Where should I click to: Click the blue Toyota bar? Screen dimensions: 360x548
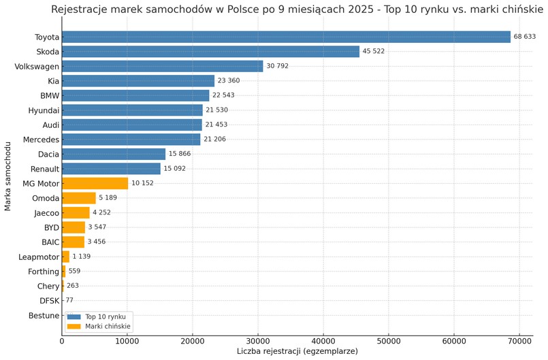(x=286, y=37)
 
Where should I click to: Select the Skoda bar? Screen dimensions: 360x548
(x=210, y=52)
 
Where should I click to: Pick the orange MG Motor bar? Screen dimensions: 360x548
(x=95, y=183)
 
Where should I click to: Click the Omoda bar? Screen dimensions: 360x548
(x=78, y=198)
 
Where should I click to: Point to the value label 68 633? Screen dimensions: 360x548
(x=525, y=37)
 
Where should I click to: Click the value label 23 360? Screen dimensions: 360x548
(x=228, y=81)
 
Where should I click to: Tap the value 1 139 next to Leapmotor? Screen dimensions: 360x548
(x=81, y=257)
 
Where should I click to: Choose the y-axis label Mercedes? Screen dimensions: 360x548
(x=41, y=140)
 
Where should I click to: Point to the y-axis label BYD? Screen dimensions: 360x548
(x=51, y=227)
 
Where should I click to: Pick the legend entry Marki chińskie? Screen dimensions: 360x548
(x=108, y=327)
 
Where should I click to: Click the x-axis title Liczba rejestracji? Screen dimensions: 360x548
(x=297, y=351)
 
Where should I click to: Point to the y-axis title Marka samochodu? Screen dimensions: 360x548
(x=8, y=176)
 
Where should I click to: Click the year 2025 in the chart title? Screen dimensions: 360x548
(x=366, y=10)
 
